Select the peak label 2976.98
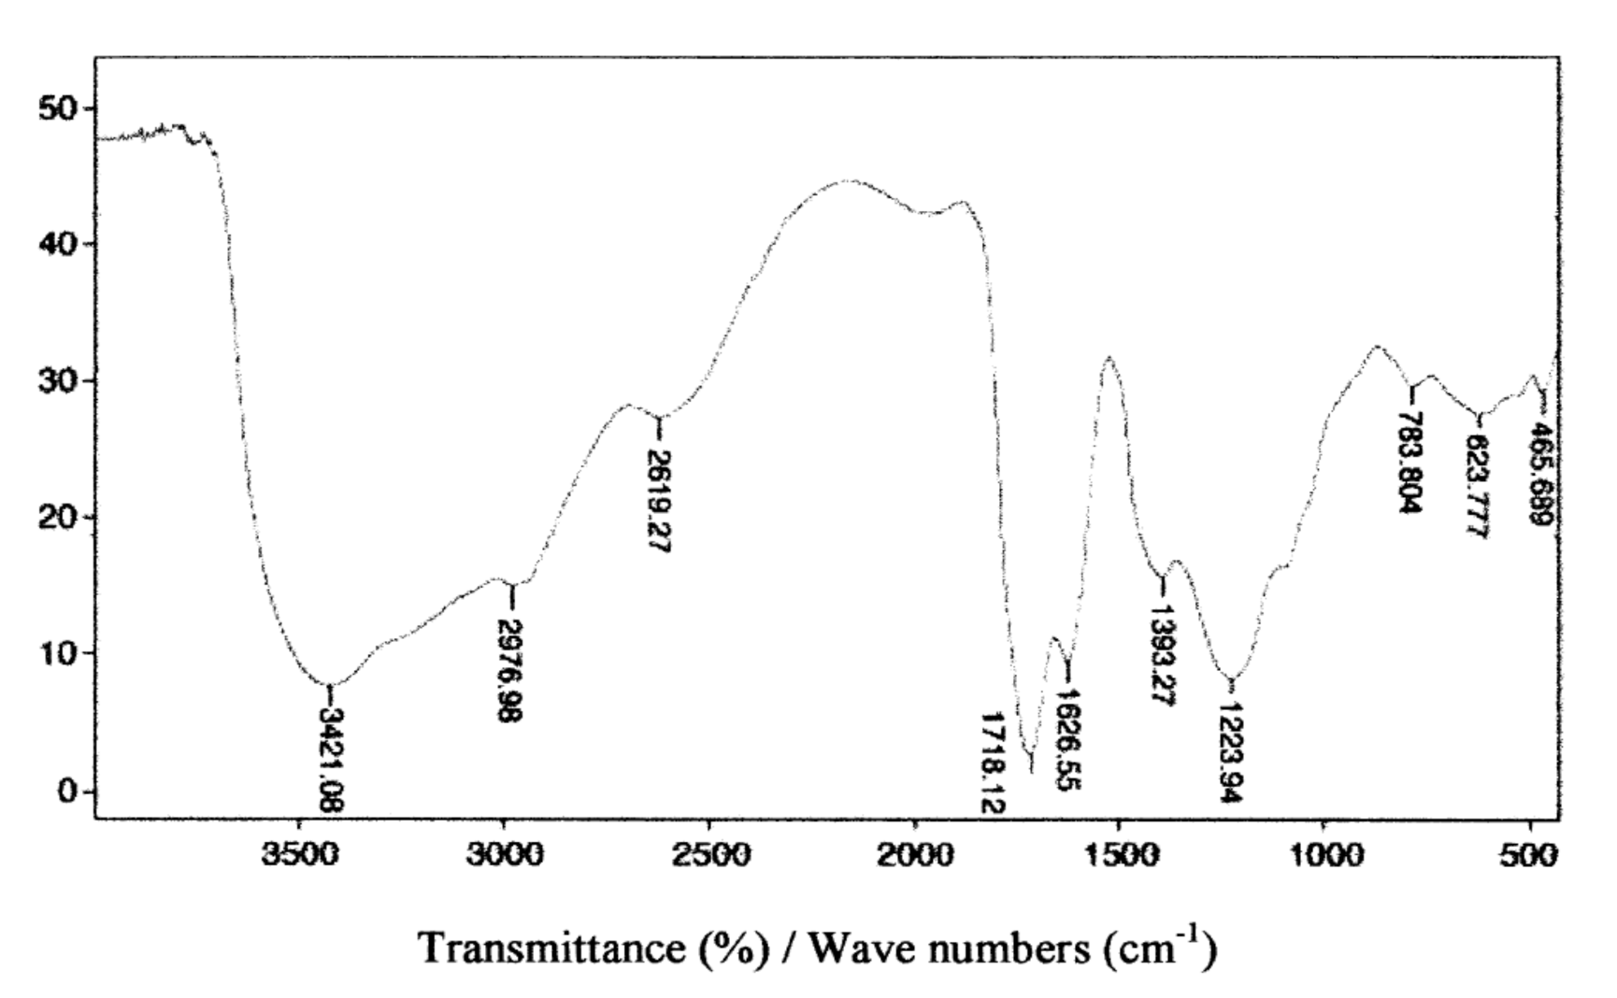[x=510, y=670]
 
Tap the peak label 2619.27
[x=659, y=500]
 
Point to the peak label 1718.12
[x=993, y=761]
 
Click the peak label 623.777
[x=1478, y=487]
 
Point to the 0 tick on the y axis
[x=70, y=792]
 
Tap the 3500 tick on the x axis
[x=299, y=856]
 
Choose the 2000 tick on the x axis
[x=914, y=856]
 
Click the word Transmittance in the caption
[x=553, y=948]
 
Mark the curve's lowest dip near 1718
[x=1031, y=770]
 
